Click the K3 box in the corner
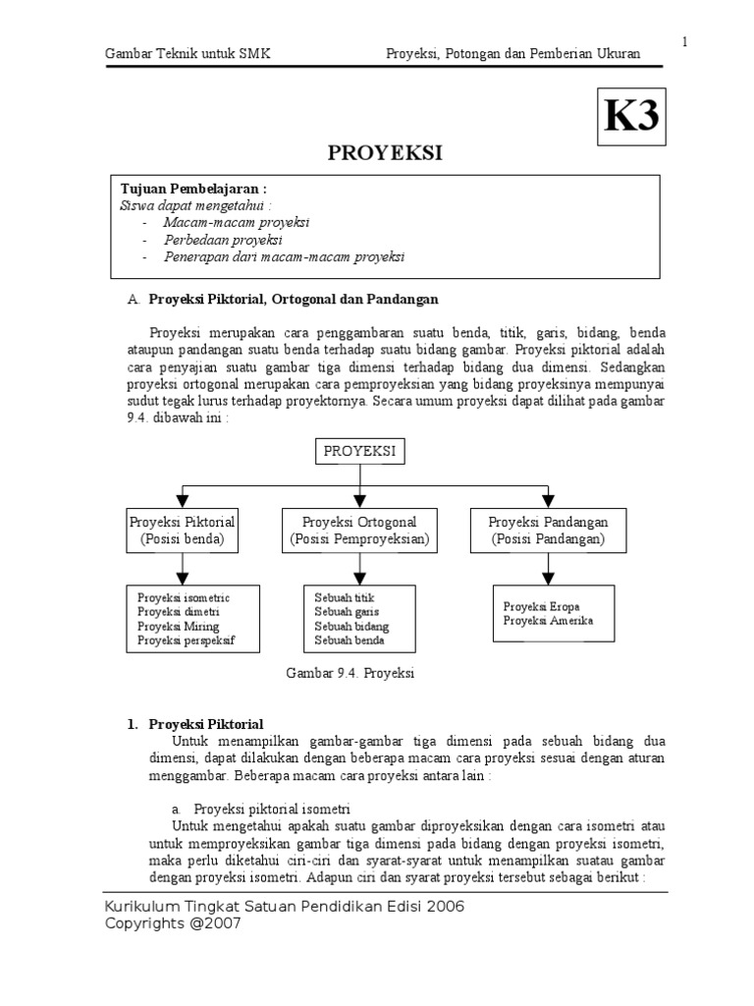tap(630, 118)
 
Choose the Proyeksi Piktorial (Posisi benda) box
tap(183, 531)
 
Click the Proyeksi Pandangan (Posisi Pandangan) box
tap(548, 531)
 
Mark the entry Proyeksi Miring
tap(179, 627)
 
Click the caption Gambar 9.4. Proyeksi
tap(350, 673)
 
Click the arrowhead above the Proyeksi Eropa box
tap(548, 575)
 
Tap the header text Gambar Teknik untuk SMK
tap(188, 54)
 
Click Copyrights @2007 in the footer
tap(173, 924)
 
